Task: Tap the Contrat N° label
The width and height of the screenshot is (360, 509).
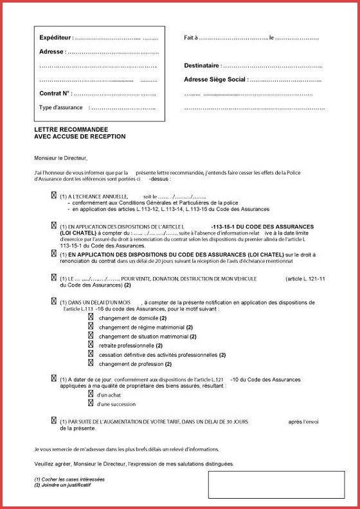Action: click(x=55, y=94)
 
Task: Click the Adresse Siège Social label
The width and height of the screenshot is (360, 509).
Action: click(x=215, y=80)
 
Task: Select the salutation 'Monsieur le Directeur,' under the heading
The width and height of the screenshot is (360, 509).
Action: click(x=60, y=157)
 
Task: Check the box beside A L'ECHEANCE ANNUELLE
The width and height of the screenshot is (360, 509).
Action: click(x=53, y=195)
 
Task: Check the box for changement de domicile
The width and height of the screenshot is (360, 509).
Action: click(x=91, y=317)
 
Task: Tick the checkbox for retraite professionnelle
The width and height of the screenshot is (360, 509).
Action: click(x=91, y=344)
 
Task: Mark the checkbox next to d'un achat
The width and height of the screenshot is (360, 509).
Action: click(x=91, y=394)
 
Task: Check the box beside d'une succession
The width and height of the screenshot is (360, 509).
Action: click(x=91, y=404)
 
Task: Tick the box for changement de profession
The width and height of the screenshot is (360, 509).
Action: click(x=91, y=363)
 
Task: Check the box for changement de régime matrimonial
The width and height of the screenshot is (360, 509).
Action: click(x=91, y=326)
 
